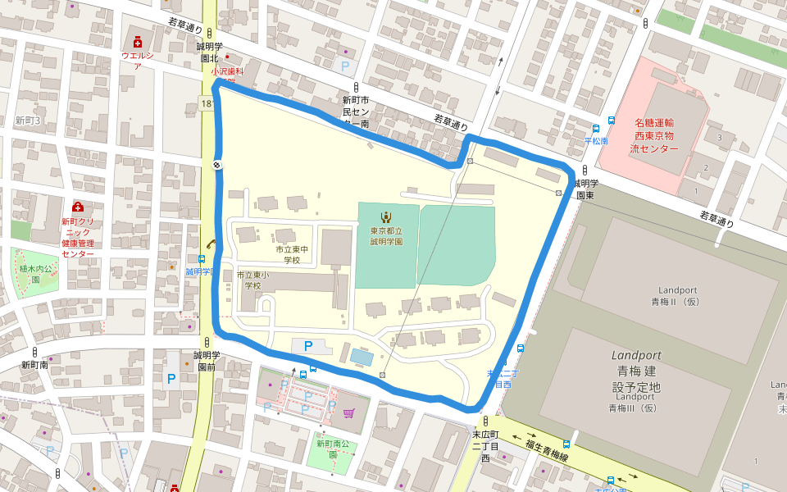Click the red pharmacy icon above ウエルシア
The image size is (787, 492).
[138, 41]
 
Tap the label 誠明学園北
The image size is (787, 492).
[209, 52]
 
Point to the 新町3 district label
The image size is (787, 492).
[27, 121]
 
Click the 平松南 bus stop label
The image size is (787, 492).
[596, 141]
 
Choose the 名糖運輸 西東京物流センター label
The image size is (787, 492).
[654, 135]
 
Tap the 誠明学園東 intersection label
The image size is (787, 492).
[585, 189]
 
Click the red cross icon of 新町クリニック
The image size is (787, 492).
[78, 207]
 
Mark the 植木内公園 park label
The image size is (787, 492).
[35, 273]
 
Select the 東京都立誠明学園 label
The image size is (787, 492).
[385, 236]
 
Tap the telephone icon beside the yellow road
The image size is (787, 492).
[211, 243]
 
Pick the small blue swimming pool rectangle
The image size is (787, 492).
[360, 357]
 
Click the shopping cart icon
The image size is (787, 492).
[348, 413]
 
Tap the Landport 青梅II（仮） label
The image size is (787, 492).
[677, 296]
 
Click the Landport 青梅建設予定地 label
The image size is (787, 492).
[636, 371]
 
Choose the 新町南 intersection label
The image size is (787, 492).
[34, 365]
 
